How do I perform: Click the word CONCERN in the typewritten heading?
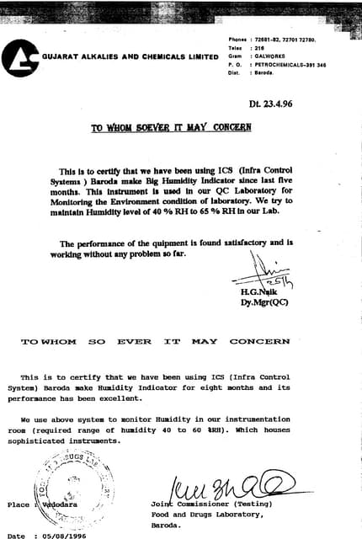pyautogui.click(x=260, y=342)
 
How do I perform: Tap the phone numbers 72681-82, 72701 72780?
pyautogui.click(x=290, y=40)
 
